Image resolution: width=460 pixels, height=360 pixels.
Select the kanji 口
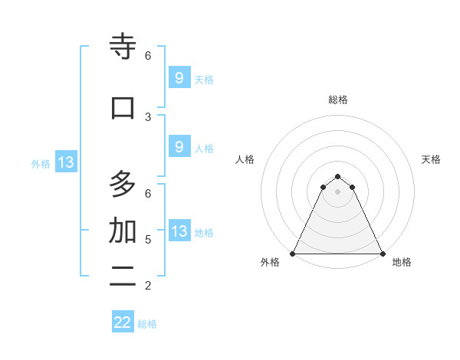click(123, 107)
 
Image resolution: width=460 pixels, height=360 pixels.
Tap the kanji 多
click(123, 185)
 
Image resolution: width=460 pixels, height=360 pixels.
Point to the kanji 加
click(123, 231)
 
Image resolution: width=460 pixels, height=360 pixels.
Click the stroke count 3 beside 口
click(148, 116)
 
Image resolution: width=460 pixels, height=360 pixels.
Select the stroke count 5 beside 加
click(148, 240)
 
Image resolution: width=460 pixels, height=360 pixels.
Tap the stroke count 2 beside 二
click(148, 286)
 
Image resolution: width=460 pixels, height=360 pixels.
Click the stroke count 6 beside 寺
click(148, 56)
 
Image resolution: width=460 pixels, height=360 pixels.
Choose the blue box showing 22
click(123, 322)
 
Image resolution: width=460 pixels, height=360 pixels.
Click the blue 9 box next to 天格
click(179, 77)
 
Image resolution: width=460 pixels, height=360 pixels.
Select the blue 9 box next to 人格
click(179, 147)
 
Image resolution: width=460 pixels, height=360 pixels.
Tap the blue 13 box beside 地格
click(179, 231)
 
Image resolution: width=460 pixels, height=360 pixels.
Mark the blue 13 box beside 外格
click(65, 162)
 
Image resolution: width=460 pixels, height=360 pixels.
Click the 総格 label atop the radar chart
click(338, 100)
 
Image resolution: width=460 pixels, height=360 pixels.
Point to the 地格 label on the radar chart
click(402, 263)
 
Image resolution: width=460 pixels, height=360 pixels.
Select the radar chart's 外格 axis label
click(270, 263)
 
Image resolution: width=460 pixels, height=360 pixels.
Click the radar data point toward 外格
click(293, 253)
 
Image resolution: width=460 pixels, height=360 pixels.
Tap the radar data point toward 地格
click(382, 253)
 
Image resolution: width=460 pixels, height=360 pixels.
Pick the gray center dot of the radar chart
click(337, 191)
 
